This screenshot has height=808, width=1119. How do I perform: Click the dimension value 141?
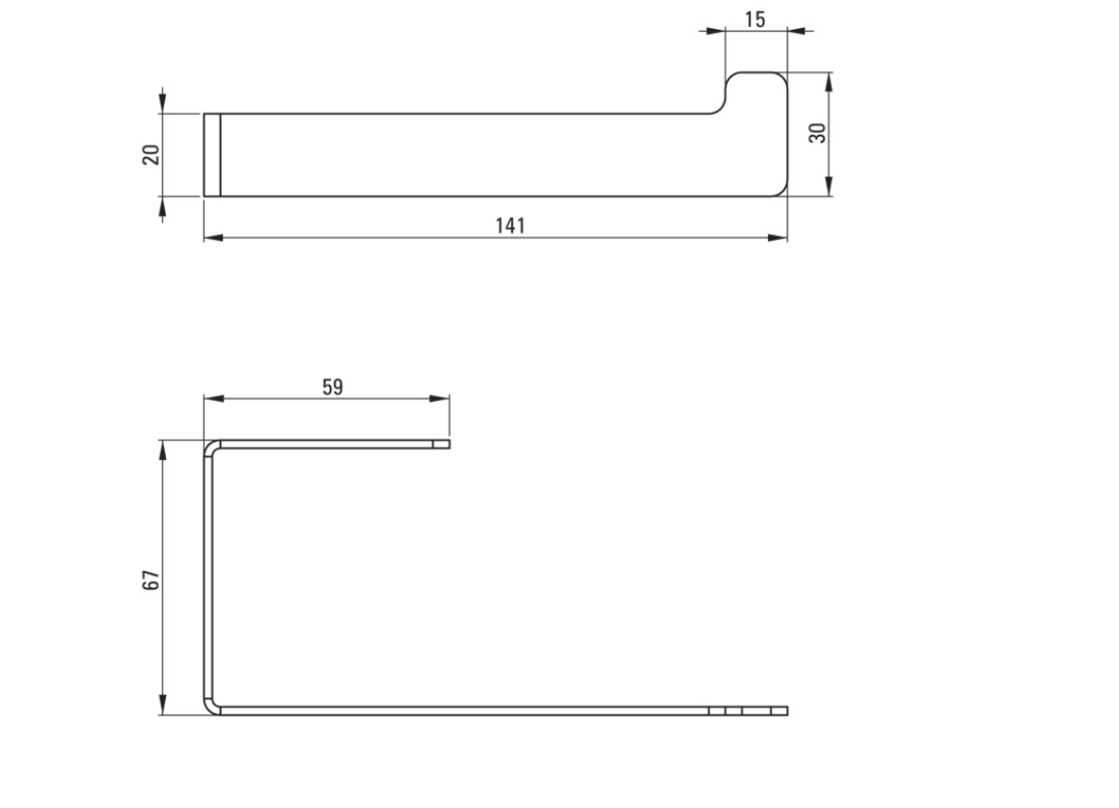pyautogui.click(x=510, y=226)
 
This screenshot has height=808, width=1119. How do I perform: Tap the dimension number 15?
pyautogui.click(x=755, y=19)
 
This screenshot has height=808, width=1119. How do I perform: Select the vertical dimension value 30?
pyautogui.click(x=817, y=133)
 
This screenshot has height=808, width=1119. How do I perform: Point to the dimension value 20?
pyautogui.click(x=150, y=154)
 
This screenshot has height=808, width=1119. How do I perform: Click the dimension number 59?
pyautogui.click(x=333, y=387)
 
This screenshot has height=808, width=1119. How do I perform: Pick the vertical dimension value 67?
pyautogui.click(x=150, y=579)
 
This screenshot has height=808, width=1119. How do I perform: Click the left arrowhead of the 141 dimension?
pyautogui.click(x=213, y=237)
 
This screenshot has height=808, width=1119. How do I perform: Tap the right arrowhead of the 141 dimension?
pyautogui.click(x=778, y=237)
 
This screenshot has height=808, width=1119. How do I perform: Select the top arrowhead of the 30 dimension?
pyautogui.click(x=829, y=82)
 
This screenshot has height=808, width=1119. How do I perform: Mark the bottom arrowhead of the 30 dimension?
pyautogui.click(x=829, y=186)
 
